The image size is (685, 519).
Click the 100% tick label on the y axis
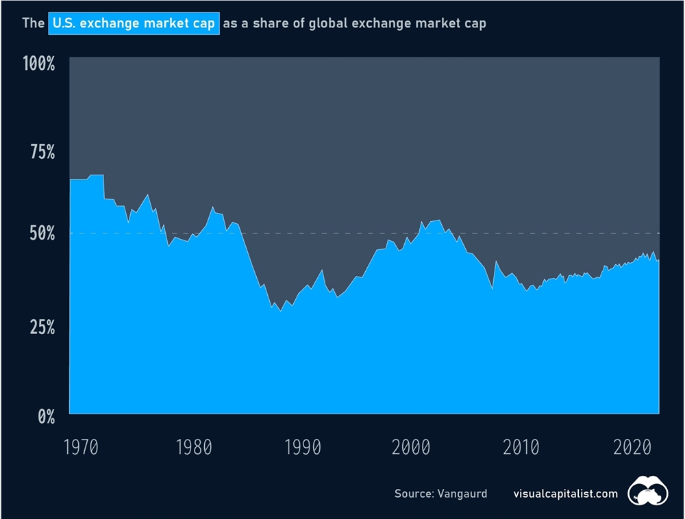[x=38, y=64]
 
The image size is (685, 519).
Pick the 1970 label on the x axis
[x=82, y=448]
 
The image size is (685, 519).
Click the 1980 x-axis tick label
[x=192, y=448]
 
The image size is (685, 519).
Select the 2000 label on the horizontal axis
[x=412, y=448]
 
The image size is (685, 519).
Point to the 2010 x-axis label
[x=521, y=448]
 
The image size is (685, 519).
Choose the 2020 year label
[x=631, y=448]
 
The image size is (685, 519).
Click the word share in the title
[x=269, y=24]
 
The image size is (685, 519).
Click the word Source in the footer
[x=412, y=493]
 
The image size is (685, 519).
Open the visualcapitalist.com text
[x=565, y=493]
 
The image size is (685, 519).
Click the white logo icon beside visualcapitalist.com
[x=650, y=490]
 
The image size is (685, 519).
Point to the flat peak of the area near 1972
[x=96, y=175]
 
